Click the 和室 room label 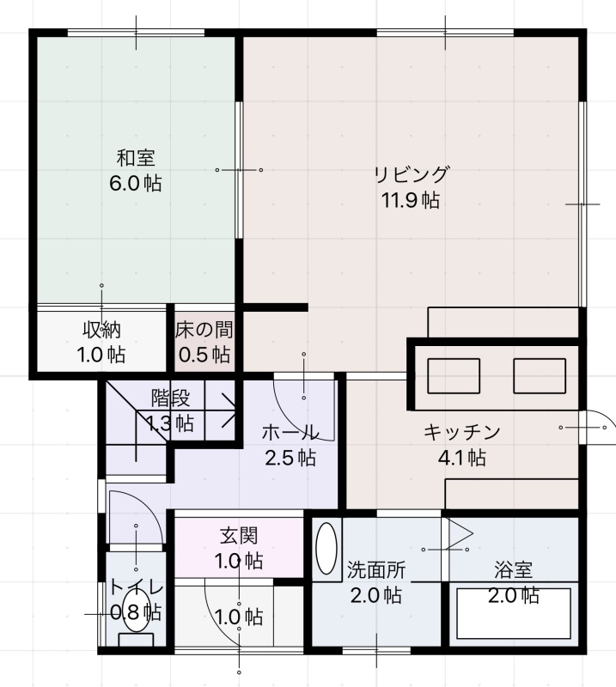[136, 158]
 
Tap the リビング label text [412, 174]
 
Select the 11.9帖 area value [411, 200]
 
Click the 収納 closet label [101, 330]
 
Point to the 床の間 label [204, 330]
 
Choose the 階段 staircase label [171, 398]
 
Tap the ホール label [290, 433]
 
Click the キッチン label [461, 432]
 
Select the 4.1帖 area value [461, 458]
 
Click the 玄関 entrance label [239, 535]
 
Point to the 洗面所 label [376, 569]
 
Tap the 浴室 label [514, 569]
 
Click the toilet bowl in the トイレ [137, 610]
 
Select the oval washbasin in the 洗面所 [326, 548]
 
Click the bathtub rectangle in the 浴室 [514, 613]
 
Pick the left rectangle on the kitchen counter [454, 376]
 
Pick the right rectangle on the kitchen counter [540, 376]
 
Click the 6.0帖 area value [136, 183]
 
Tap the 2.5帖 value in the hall [290, 458]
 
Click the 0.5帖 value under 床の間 [204, 355]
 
